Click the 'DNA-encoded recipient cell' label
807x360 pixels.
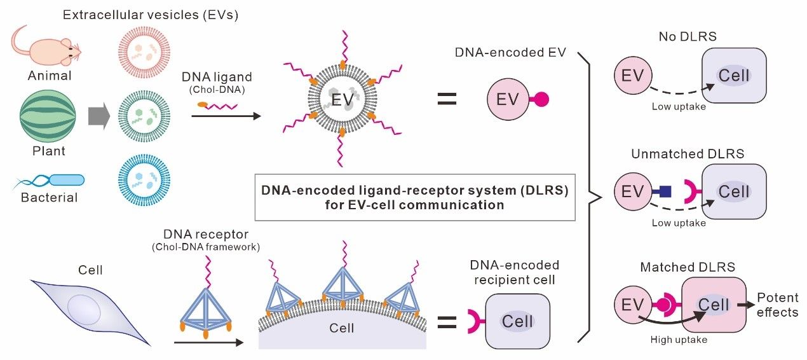(x=515, y=272)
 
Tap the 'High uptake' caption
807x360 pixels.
(x=679, y=340)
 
